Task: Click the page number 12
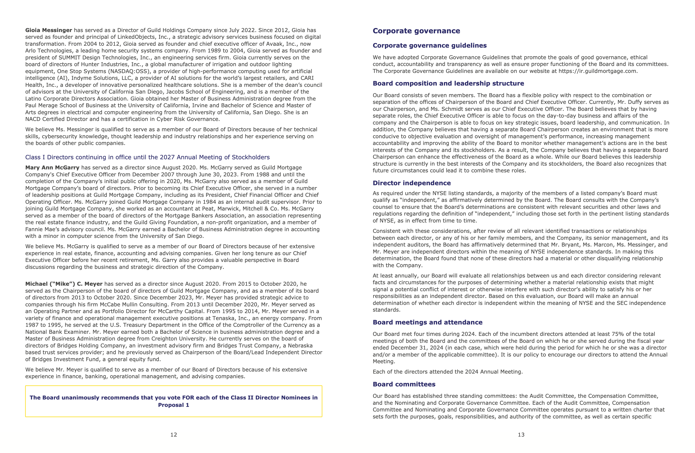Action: click(x=174, y=435)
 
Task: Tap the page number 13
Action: click(x=521, y=435)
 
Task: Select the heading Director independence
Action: click(x=412, y=183)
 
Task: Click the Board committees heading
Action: click(x=404, y=384)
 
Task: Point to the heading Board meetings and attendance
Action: click(x=428, y=322)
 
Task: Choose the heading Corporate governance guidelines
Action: click(x=430, y=45)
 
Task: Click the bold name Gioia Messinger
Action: click(x=48, y=30)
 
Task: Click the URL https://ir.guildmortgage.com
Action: click(x=597, y=71)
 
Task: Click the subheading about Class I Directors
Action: click(x=147, y=157)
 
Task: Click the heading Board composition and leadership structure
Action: click(x=448, y=83)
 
